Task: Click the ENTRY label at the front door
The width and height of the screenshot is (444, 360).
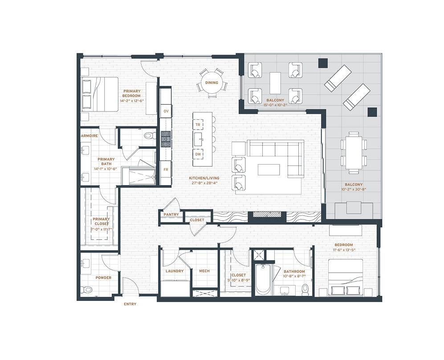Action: point(130,304)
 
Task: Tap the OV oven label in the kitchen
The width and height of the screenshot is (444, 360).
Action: point(166,111)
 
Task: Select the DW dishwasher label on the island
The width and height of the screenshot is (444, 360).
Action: point(198,154)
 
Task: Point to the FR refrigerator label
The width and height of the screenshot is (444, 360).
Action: point(166,170)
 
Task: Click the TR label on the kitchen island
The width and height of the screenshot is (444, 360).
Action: point(198,125)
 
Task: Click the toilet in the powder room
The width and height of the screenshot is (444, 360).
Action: point(86,290)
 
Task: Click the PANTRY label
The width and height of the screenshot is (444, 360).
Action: point(171,214)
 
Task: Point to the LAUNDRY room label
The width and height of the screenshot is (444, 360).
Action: point(175,271)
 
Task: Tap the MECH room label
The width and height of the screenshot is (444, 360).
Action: point(204,271)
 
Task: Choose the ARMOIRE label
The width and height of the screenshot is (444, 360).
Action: point(89,136)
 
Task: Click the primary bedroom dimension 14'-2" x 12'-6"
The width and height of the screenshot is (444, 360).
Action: point(132,101)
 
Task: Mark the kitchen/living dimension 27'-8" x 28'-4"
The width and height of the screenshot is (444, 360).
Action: point(204,183)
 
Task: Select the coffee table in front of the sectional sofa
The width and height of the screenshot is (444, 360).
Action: point(269,170)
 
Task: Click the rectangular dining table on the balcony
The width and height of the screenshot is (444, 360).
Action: point(354,153)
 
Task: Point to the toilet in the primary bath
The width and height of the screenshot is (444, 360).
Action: point(149,136)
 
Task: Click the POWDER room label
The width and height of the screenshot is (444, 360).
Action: point(103,278)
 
